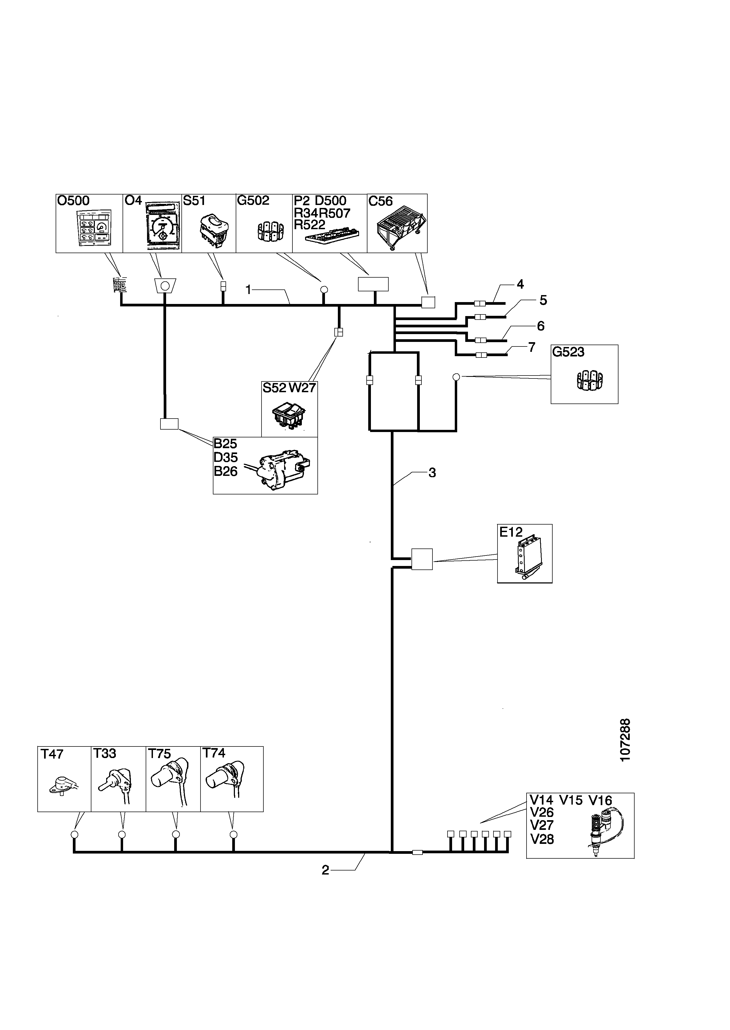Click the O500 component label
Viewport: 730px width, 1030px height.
73,201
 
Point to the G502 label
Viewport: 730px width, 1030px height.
253,201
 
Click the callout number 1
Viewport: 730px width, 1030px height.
248,290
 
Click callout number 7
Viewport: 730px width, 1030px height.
532,347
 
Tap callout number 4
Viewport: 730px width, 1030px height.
520,284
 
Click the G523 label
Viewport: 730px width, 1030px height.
568,352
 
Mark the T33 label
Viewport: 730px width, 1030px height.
105,753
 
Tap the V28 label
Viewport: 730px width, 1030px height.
542,839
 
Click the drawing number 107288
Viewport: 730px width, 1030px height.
625,740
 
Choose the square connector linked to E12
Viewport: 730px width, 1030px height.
422,559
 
